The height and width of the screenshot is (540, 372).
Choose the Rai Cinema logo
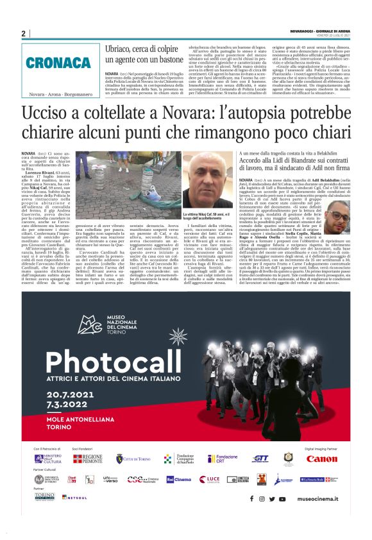tap(178, 479)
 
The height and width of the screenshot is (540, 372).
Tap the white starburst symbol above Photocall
tap(178, 336)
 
